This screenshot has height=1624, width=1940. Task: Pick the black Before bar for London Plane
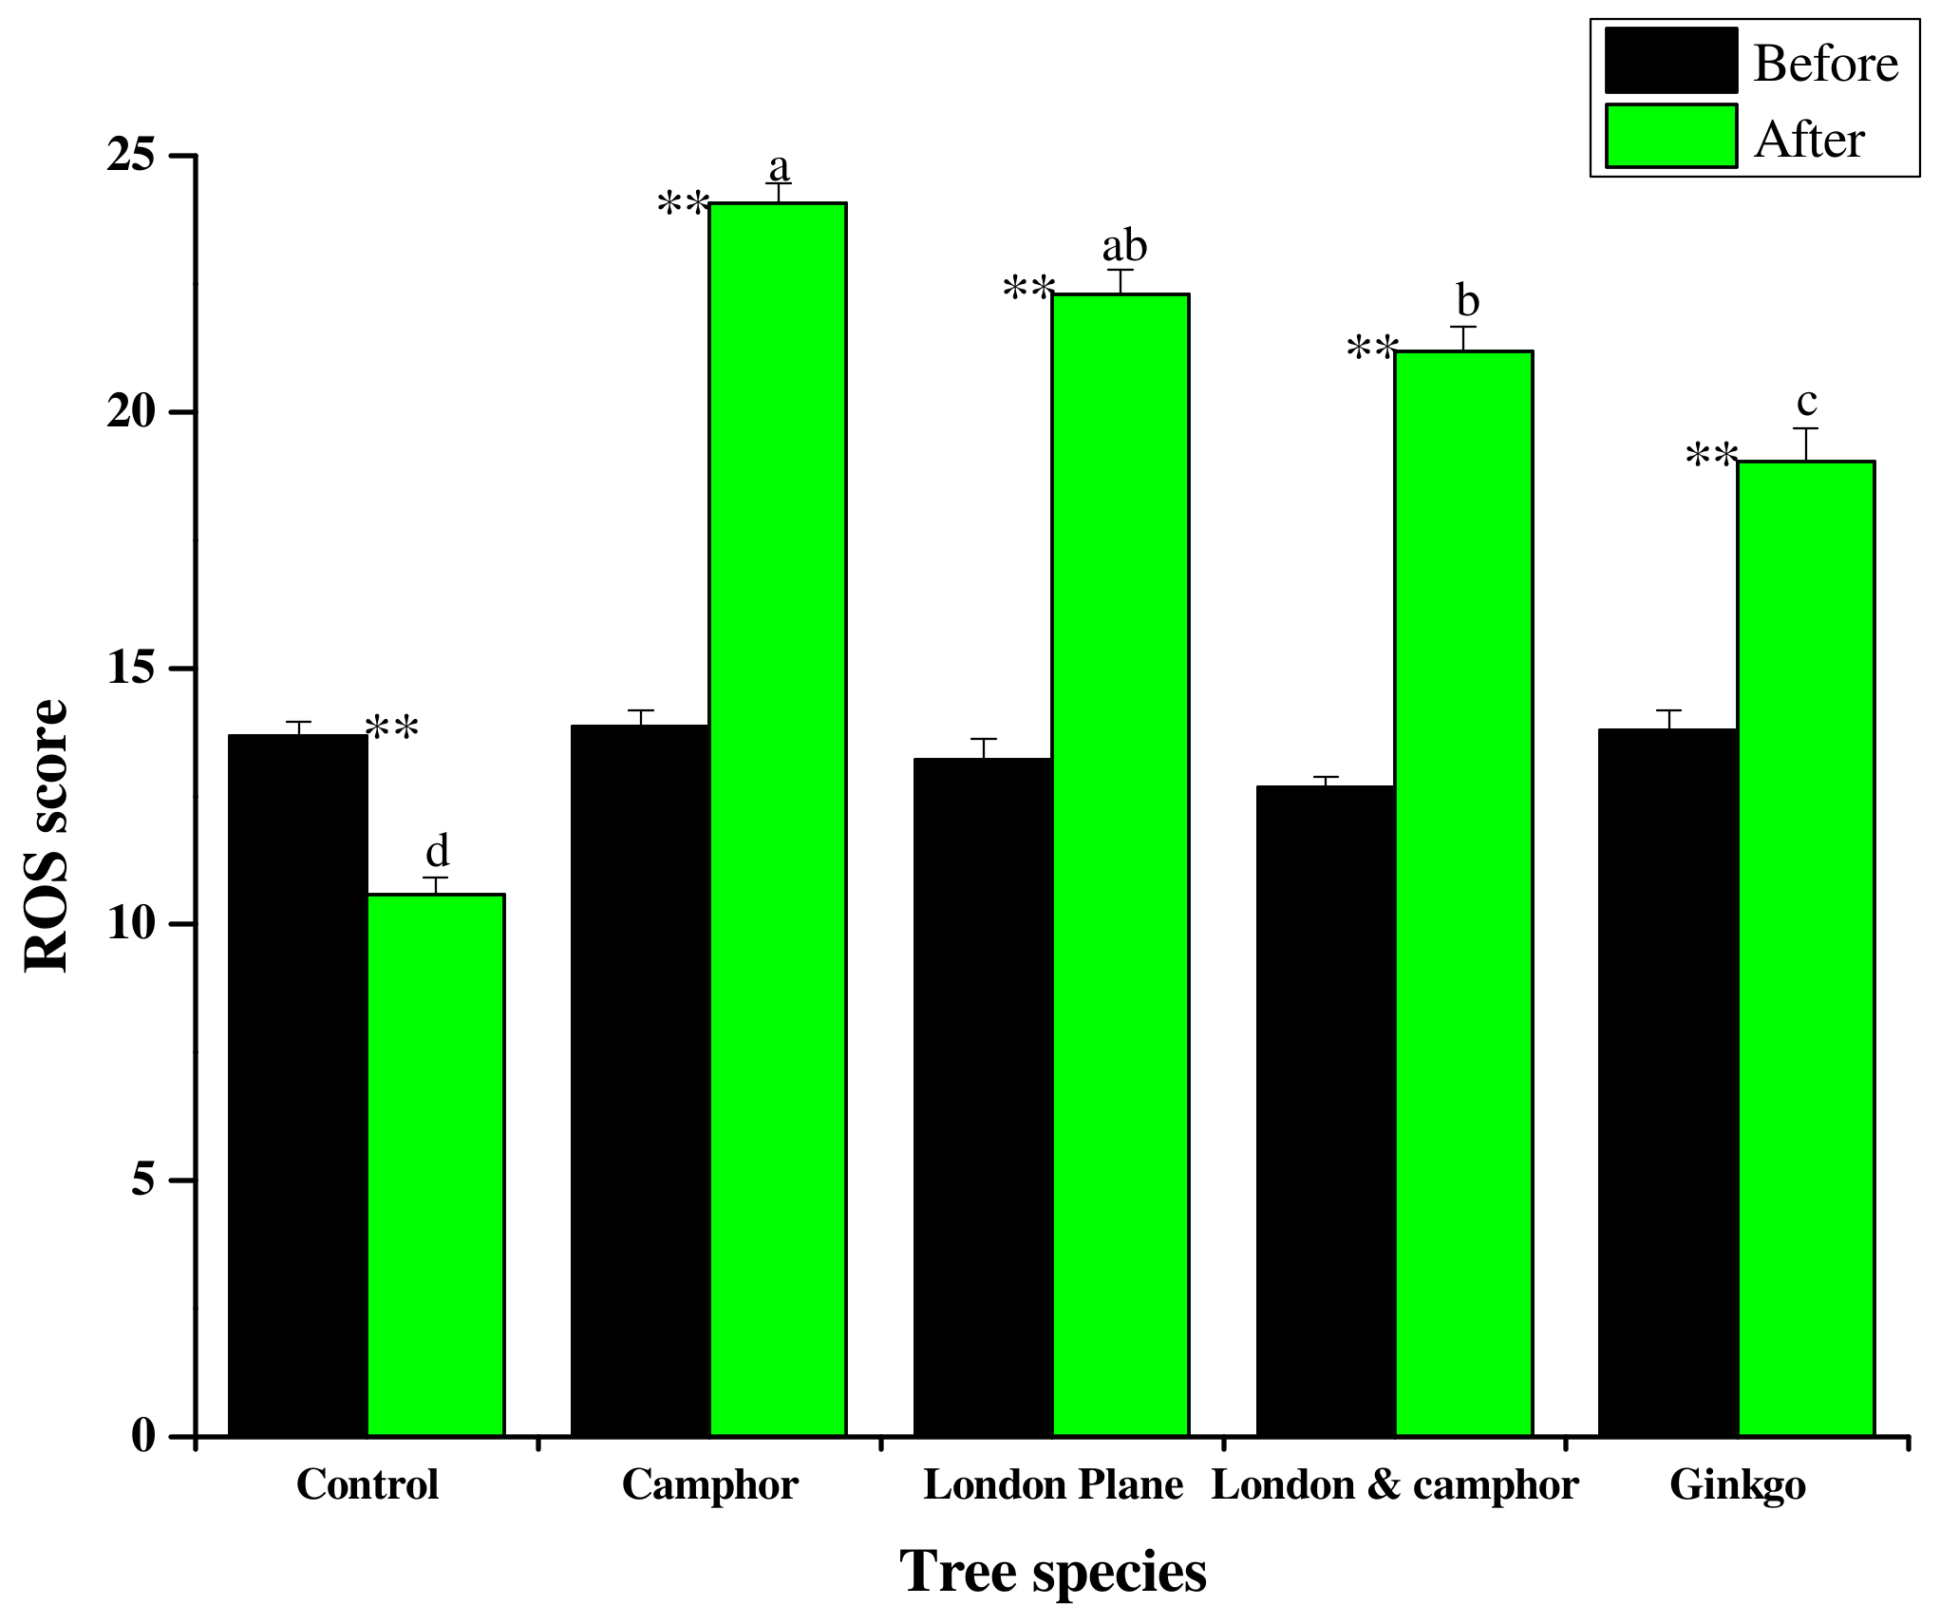[983, 1096]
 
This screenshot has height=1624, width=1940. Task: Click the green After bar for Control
[436, 1164]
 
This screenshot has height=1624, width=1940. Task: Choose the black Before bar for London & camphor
[1326, 1110]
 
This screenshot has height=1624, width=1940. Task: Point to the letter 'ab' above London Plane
[1124, 246]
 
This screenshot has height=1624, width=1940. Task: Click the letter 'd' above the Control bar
[437, 851]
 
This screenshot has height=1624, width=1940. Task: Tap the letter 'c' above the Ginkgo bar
[1806, 402]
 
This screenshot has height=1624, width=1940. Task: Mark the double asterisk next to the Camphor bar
[684, 204]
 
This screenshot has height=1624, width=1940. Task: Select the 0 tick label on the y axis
[143, 1435]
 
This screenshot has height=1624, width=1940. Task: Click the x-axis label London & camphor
[1394, 1485]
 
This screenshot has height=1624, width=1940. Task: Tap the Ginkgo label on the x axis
[1737, 1485]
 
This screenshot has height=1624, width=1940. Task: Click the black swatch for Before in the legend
[1670, 61]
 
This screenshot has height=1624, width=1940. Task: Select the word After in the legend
[1809, 140]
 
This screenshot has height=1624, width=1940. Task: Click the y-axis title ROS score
[46, 835]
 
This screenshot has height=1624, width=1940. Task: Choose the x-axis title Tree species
[1052, 1573]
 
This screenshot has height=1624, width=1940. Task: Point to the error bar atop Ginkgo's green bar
[1805, 444]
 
